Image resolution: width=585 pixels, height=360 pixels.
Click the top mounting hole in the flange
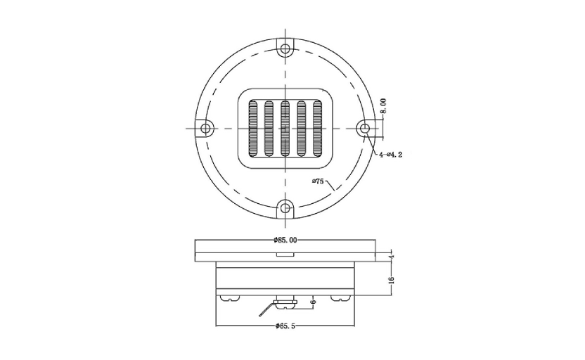(x=285, y=49)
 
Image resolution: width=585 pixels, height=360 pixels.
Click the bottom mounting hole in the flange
(x=285, y=207)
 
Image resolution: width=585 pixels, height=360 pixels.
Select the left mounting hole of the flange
(x=205, y=129)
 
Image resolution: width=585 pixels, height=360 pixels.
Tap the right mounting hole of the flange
(x=364, y=129)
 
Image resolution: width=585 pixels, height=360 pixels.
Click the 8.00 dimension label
(x=383, y=106)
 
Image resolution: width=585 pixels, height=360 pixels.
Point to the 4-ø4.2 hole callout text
(x=391, y=155)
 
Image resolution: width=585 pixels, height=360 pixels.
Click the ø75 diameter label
(x=319, y=181)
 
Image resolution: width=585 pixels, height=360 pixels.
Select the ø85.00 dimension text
(x=285, y=240)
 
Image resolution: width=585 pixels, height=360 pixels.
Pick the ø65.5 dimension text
(x=285, y=326)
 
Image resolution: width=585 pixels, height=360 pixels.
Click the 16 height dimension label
(x=392, y=280)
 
